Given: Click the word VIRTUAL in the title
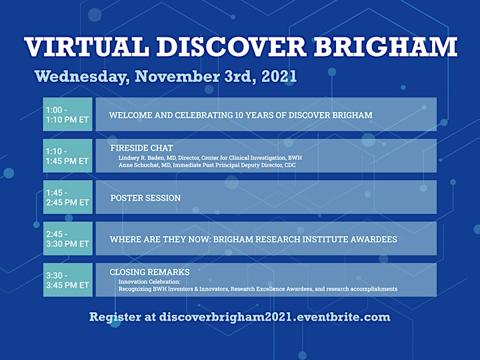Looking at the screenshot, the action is (x=87, y=47).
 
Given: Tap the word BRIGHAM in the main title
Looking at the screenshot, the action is (x=385, y=47).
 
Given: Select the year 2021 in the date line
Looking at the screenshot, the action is (x=279, y=76).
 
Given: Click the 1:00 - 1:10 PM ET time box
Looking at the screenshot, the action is (x=67, y=114).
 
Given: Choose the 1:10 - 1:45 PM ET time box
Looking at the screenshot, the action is (x=67, y=155).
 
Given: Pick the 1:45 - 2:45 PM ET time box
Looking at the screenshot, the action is (x=67, y=197).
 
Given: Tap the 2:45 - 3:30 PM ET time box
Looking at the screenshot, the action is (x=67, y=238).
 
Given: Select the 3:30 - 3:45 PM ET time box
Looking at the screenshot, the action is (x=67, y=279).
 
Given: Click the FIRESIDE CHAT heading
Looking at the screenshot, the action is (x=142, y=148).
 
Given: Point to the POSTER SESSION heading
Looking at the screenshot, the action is (x=145, y=198).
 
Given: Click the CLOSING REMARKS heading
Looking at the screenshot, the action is (x=150, y=272).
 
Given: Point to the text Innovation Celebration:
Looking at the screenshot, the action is (x=149, y=281).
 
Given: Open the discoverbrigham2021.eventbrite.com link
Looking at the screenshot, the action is (x=275, y=317).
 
